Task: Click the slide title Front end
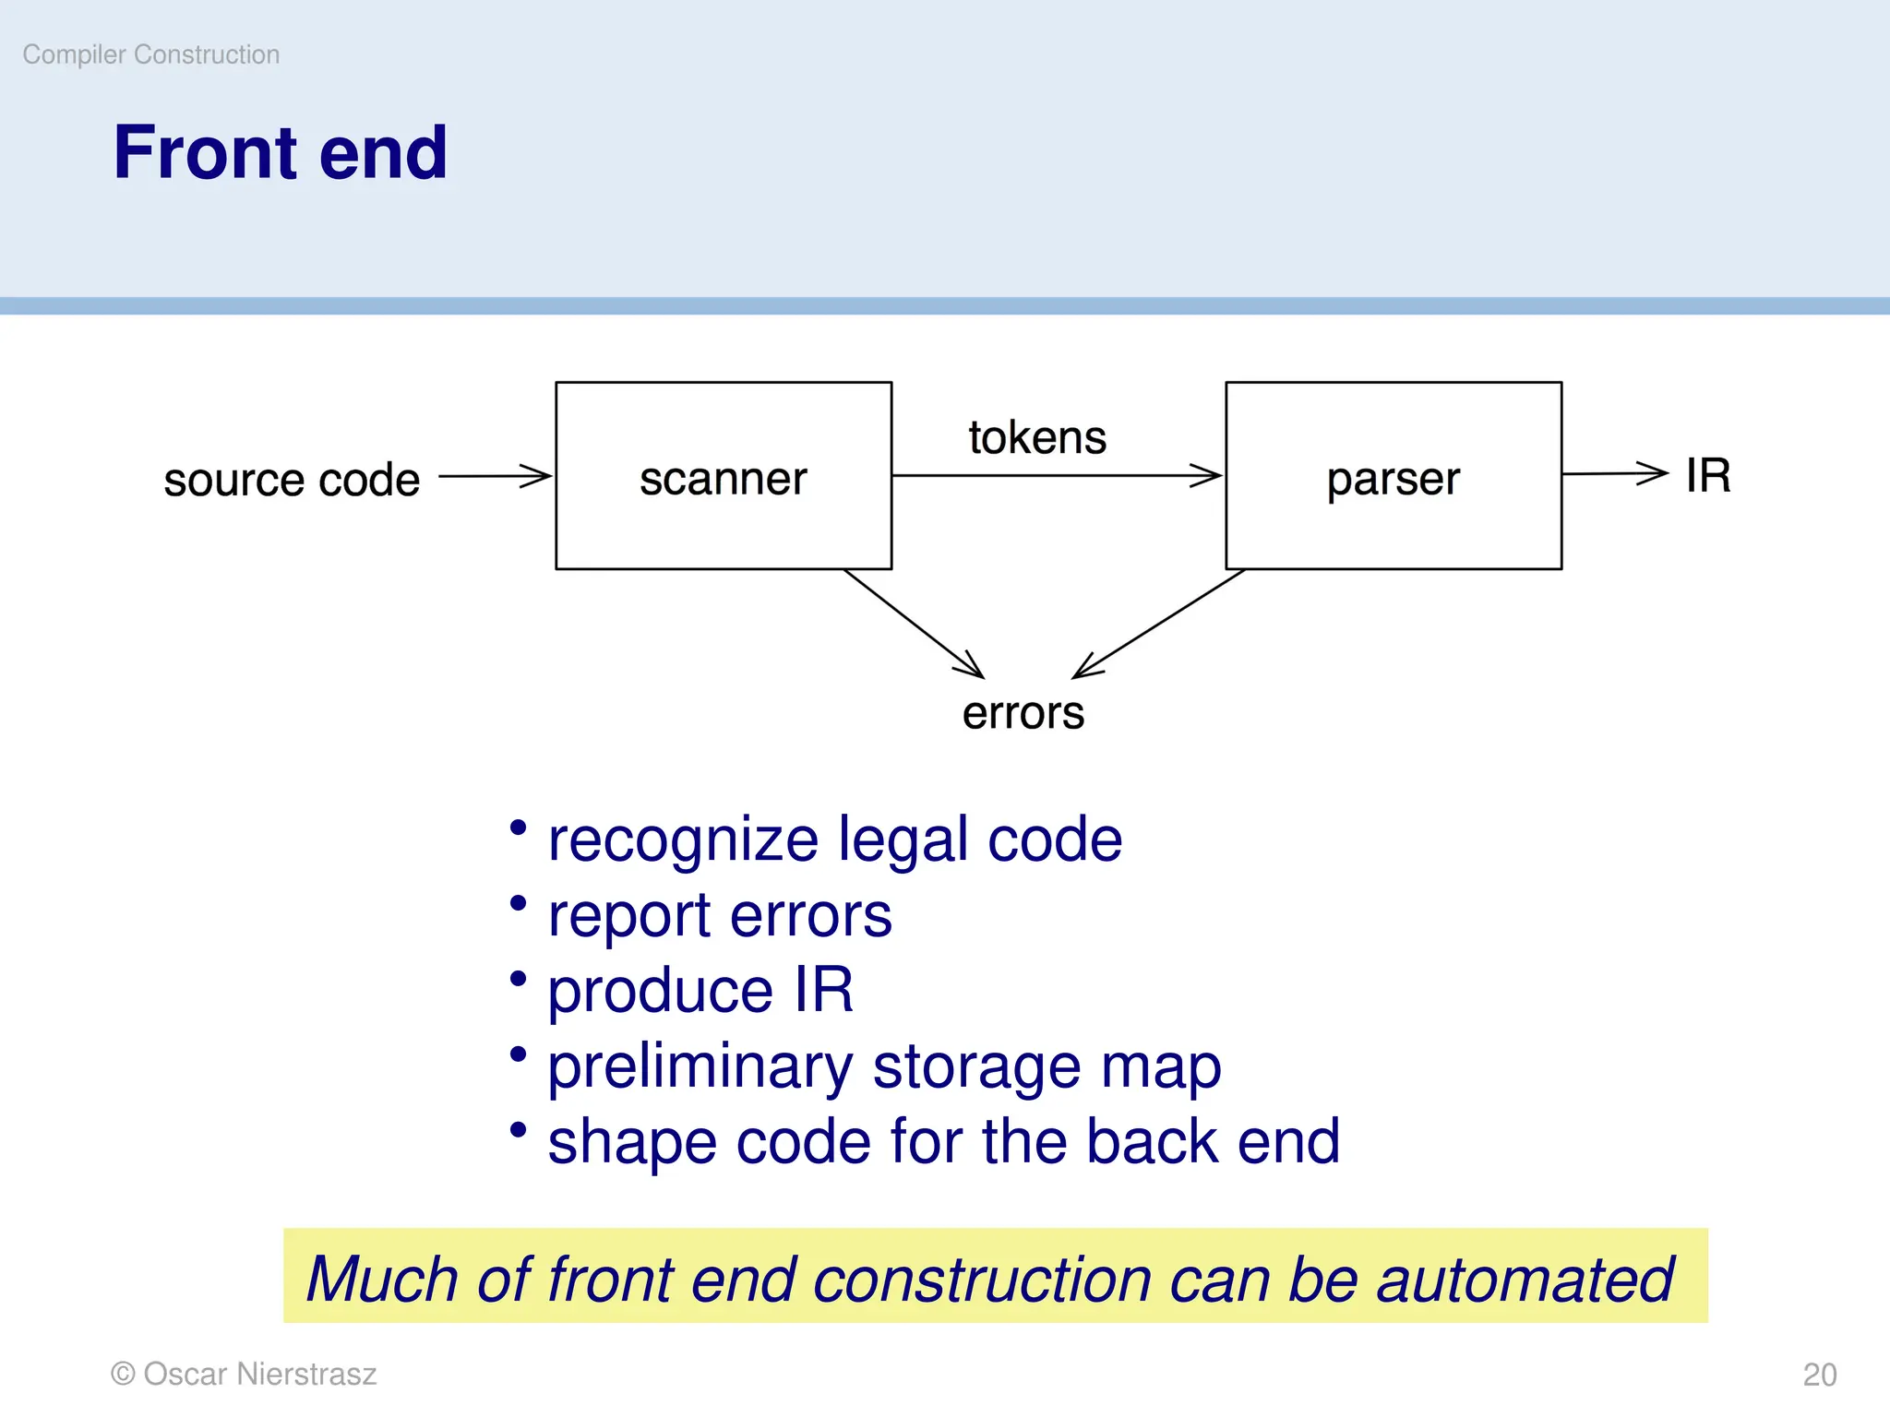tap(280, 152)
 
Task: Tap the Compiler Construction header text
tap(150, 54)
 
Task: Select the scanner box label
tap(723, 478)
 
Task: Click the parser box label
tap(1393, 479)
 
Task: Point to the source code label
tap(292, 480)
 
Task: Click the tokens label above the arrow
tap(1036, 437)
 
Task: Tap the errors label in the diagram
tap(1023, 713)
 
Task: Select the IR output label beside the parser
tap(1707, 476)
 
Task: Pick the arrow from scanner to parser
tap(1057, 476)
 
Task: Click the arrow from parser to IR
tap(1615, 473)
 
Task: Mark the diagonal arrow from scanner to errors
tap(914, 624)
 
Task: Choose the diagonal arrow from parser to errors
tap(1159, 625)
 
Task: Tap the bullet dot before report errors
tap(519, 902)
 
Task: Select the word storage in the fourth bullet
tap(975, 1067)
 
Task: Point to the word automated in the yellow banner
tap(1525, 1280)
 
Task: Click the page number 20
tap(1819, 1375)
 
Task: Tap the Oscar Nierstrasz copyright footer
tap(244, 1374)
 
